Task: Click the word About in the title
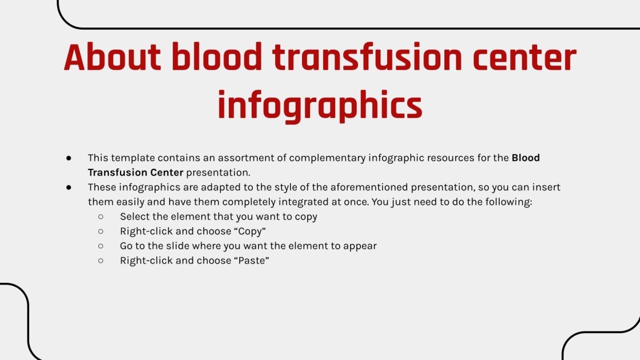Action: [x=110, y=58]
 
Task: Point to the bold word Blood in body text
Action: [x=526, y=157]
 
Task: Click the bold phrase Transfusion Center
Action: [x=136, y=172]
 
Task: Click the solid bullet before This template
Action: [x=69, y=157]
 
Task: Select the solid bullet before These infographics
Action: [x=69, y=187]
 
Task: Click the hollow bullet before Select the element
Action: [x=101, y=217]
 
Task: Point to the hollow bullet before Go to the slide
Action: [x=101, y=246]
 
